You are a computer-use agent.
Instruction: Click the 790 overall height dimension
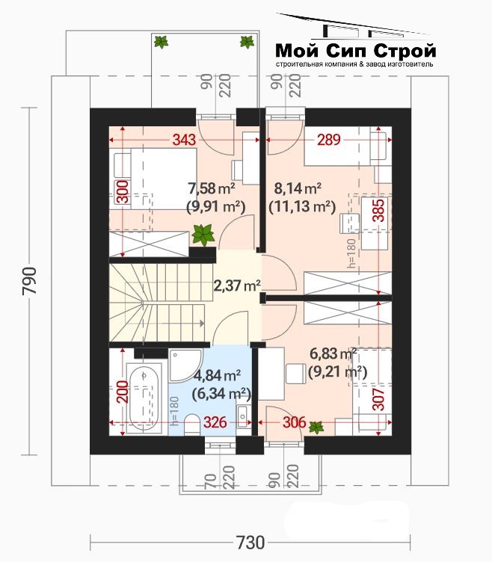[29, 281]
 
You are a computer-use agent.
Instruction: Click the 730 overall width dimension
[250, 543]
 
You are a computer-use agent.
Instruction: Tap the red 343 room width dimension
[185, 140]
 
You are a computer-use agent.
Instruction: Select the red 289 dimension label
[328, 140]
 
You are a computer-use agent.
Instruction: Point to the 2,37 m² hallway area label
[237, 285]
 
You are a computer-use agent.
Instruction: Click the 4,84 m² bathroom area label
[217, 376]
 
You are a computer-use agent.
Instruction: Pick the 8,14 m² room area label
[298, 188]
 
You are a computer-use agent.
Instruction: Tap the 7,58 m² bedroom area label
[212, 188]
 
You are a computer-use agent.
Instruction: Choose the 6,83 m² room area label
[333, 354]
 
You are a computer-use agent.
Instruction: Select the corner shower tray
[185, 365]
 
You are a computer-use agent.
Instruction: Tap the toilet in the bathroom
[192, 424]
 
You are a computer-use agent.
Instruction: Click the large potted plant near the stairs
[203, 235]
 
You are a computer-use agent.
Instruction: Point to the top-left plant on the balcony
[161, 42]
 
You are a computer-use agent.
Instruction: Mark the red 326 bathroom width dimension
[215, 422]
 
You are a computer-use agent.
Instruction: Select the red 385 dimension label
[380, 210]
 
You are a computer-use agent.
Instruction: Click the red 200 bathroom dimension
[123, 392]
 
